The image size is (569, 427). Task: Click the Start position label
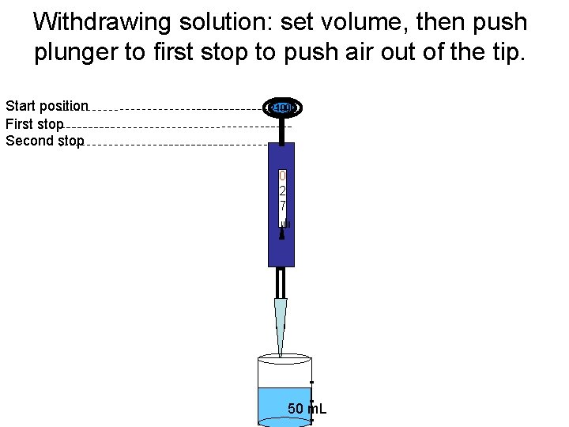47,106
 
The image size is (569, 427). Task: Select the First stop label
34,123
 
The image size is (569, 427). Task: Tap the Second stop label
44,141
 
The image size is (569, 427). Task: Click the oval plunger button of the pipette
281,108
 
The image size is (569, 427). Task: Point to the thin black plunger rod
281,130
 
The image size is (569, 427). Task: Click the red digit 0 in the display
282,175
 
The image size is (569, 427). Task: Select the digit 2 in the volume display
282,191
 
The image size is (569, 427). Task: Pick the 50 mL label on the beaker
307,409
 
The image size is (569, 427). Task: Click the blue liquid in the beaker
273,403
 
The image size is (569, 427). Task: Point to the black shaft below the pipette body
281,282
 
